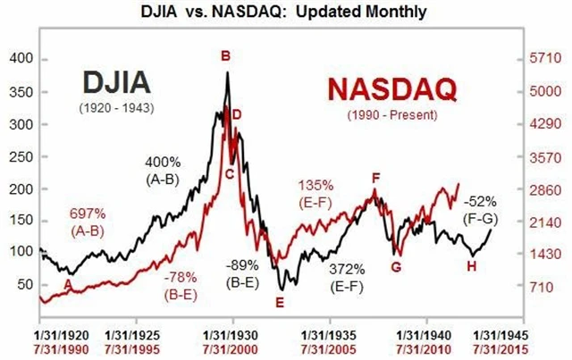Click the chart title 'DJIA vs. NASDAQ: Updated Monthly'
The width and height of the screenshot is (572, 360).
pos(285,13)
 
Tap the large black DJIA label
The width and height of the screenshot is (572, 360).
pos(114,83)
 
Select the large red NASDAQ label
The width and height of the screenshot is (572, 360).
pos(390,89)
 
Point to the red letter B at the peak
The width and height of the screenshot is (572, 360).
pos(225,56)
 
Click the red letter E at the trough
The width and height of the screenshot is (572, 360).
pos(279,302)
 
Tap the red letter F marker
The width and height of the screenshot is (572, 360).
pos(376,178)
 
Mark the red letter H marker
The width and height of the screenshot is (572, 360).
pos(472,265)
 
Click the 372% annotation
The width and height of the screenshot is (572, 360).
pos(346,269)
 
